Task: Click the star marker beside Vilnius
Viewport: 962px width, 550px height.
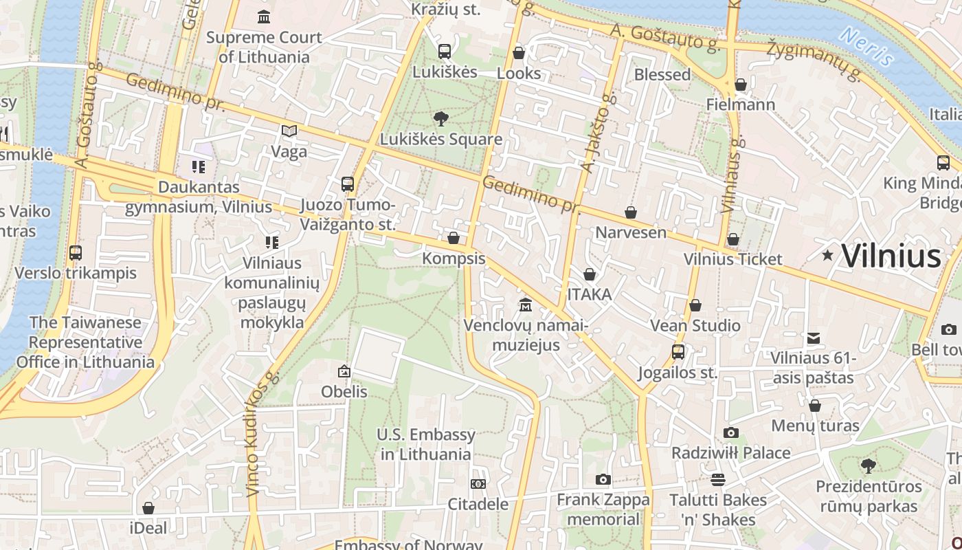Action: (828, 256)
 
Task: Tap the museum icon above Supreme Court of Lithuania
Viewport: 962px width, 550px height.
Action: (264, 16)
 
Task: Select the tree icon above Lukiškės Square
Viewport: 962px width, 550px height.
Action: (440, 119)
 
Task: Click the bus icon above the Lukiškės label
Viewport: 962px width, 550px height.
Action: (445, 51)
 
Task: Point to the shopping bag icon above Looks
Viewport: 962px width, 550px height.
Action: (519, 53)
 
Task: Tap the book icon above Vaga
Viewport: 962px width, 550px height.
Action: (289, 131)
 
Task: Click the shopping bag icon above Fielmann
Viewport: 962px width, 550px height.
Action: (740, 85)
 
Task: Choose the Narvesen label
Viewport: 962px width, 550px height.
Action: (631, 232)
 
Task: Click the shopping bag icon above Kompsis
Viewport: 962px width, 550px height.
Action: (454, 239)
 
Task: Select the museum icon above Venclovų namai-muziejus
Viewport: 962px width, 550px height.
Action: (526, 305)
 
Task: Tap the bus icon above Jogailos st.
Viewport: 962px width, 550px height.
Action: (678, 352)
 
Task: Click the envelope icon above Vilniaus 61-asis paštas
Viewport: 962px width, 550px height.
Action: (814, 338)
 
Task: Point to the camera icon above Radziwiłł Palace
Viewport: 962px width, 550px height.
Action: (731, 432)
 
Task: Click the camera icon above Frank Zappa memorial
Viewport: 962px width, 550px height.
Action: (603, 479)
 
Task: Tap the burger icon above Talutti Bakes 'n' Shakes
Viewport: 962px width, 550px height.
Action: (718, 479)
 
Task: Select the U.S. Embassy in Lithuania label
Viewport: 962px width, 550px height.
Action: (426, 444)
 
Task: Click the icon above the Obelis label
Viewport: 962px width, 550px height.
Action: (344, 372)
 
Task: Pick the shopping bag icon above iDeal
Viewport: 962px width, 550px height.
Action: (148, 508)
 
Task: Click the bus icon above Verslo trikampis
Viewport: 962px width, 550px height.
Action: (76, 253)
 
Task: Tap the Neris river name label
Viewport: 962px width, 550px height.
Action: (866, 46)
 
